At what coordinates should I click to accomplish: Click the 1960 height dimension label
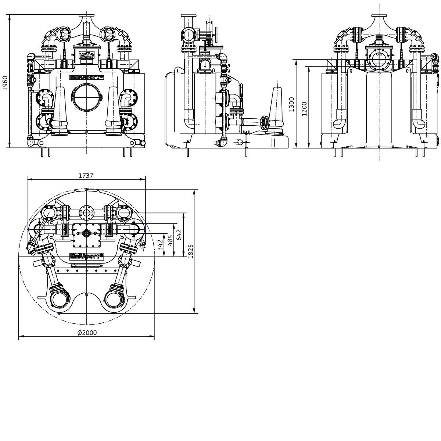click(x=5, y=83)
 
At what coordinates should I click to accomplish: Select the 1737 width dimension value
click(x=86, y=176)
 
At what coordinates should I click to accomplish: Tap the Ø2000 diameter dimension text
click(x=87, y=333)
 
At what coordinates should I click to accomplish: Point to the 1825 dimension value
click(x=191, y=251)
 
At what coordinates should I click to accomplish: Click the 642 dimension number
click(x=179, y=235)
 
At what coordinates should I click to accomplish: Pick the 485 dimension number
click(x=170, y=240)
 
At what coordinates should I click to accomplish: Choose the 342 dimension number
click(x=161, y=245)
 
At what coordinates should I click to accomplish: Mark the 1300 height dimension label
click(x=291, y=104)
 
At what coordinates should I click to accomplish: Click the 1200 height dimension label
click(x=304, y=109)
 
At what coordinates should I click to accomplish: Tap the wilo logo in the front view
click(x=86, y=55)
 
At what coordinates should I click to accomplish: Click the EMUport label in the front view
click(x=87, y=77)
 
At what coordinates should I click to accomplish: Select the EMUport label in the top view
click(x=87, y=256)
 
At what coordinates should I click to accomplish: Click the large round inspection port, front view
click(x=86, y=98)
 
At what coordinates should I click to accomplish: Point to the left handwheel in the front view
click(x=63, y=35)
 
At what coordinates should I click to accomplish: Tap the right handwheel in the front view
click(x=107, y=35)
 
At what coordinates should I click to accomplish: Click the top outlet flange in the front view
click(x=86, y=15)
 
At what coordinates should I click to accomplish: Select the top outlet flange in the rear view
click(x=379, y=15)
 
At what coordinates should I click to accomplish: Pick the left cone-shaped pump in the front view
click(x=60, y=111)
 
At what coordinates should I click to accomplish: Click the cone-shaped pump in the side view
click(x=276, y=110)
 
